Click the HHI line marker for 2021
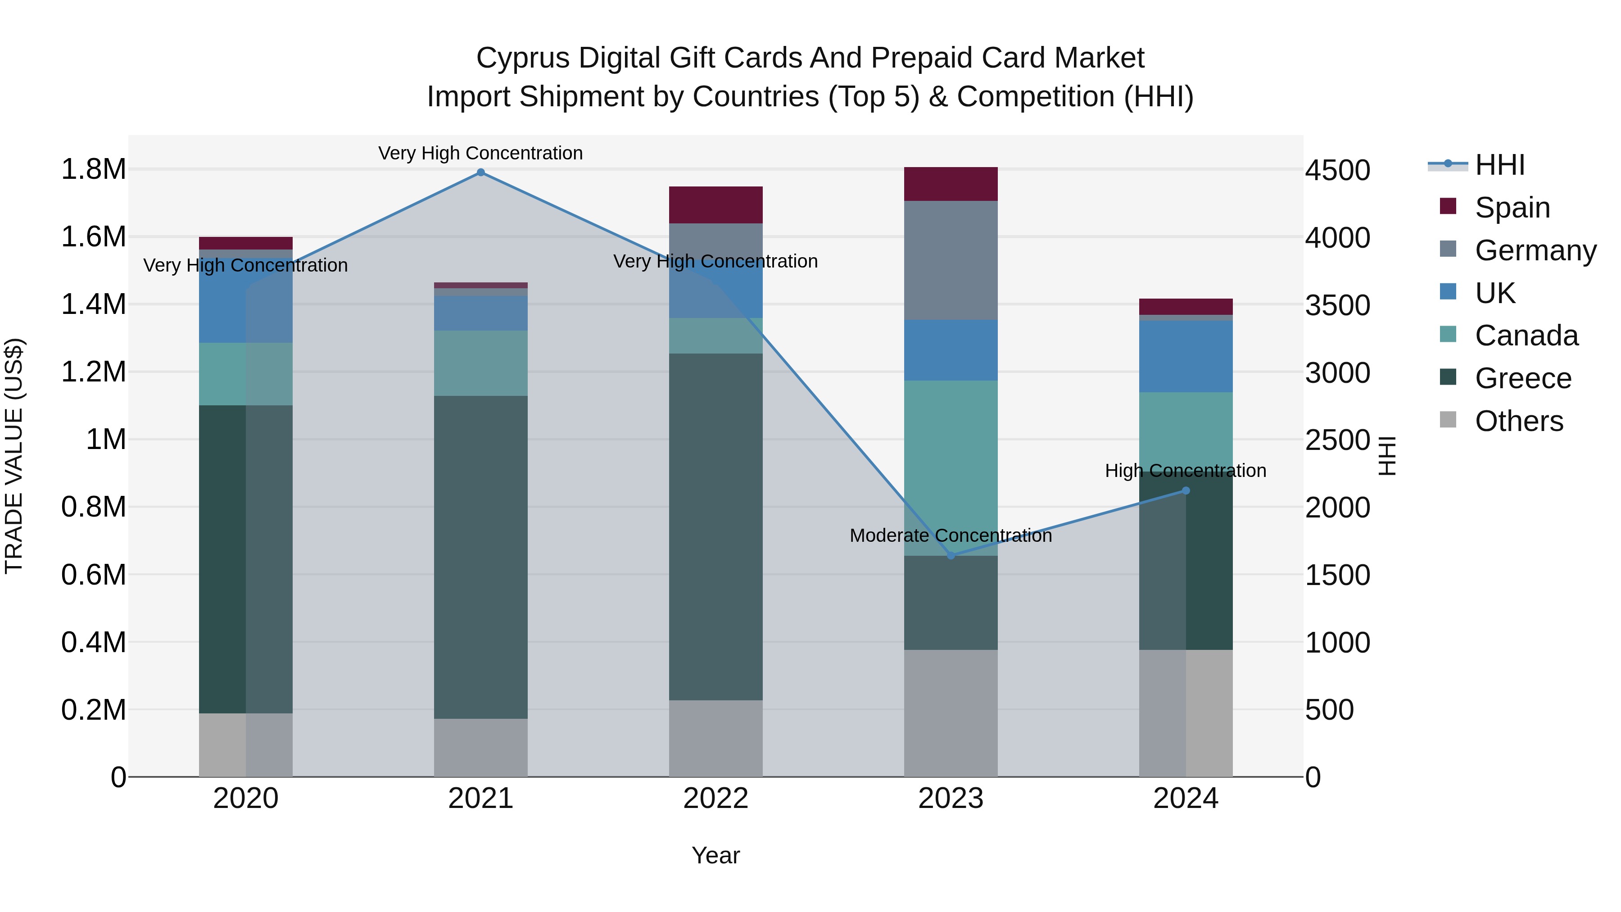pyautogui.click(x=481, y=172)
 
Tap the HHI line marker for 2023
pyautogui.click(x=951, y=556)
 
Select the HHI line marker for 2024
pyautogui.click(x=1186, y=491)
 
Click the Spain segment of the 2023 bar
pyautogui.click(x=951, y=184)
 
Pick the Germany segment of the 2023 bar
pyautogui.click(x=951, y=260)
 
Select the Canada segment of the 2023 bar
pyautogui.click(x=951, y=467)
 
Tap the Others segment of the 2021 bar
pyautogui.click(x=481, y=748)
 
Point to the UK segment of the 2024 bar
pyautogui.click(x=1186, y=356)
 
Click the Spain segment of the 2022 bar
pyautogui.click(x=715, y=204)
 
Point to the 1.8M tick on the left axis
pyautogui.click(x=93, y=169)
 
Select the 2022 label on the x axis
pyautogui.click(x=715, y=799)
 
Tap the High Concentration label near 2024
pyautogui.click(x=1185, y=471)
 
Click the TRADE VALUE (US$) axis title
pyautogui.click(x=14, y=456)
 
